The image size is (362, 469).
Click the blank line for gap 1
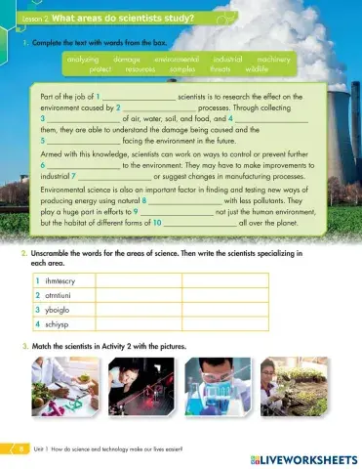(x=141, y=99)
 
